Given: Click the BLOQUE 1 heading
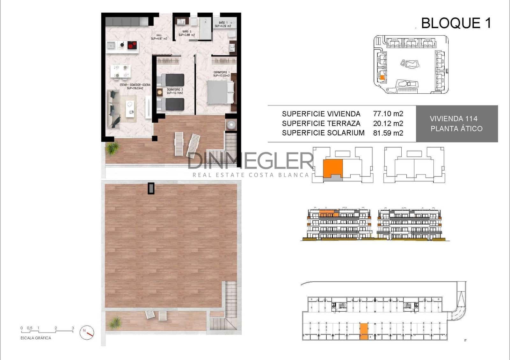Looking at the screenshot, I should click(x=456, y=23).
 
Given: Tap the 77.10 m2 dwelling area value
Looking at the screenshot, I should click(x=388, y=114).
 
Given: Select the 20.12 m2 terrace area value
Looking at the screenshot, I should click(x=388, y=123).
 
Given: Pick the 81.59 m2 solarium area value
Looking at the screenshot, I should click(x=388, y=133).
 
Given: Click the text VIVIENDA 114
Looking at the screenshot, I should click(x=453, y=119).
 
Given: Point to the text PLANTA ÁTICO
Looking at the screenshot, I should click(x=456, y=129).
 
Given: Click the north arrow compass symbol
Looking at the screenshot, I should click(x=87, y=332).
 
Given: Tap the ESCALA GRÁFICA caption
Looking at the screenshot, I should click(x=36, y=338).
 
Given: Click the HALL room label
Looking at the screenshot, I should click(x=159, y=35).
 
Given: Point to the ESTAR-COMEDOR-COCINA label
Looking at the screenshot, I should click(x=135, y=85).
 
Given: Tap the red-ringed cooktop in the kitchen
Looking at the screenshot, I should click(x=132, y=45).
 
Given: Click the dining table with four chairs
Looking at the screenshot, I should click(x=120, y=71).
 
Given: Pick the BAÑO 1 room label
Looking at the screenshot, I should click(x=223, y=23).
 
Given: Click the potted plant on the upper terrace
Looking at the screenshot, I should click(x=112, y=148).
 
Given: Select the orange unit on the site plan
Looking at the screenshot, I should click(x=382, y=77).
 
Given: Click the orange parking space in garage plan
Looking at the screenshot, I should click(x=364, y=332).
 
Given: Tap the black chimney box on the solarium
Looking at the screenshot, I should click(x=151, y=188).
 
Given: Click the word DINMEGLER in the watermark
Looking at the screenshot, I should click(x=250, y=161).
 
